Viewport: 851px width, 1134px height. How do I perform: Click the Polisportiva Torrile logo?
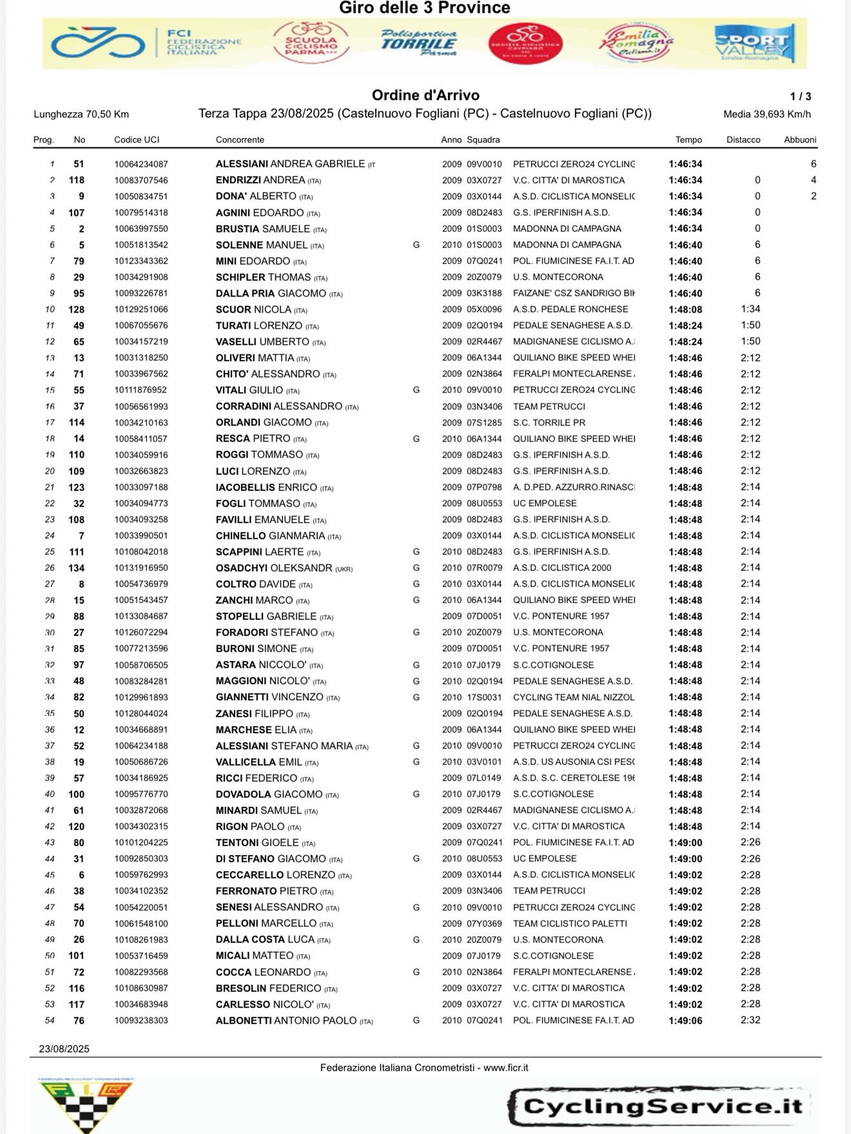pyautogui.click(x=418, y=43)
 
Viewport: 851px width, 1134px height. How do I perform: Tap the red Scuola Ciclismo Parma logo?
pyautogui.click(x=311, y=43)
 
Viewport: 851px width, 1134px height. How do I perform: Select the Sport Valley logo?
pyautogui.click(x=754, y=43)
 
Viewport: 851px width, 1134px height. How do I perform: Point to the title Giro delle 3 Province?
pyautogui.click(x=424, y=8)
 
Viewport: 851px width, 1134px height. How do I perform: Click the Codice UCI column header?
pyautogui.click(x=137, y=140)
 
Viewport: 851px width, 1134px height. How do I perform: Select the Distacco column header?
pyautogui.click(x=743, y=140)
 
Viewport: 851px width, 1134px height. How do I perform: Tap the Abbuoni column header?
pyautogui.click(x=800, y=140)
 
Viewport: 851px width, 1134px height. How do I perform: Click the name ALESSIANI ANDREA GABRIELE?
pyautogui.click(x=290, y=164)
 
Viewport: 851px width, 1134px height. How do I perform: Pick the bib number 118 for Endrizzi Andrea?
pyautogui.click(x=77, y=180)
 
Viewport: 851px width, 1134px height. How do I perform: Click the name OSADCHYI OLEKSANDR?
pyautogui.click(x=274, y=568)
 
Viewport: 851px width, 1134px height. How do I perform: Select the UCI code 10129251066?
pyautogui.click(x=141, y=309)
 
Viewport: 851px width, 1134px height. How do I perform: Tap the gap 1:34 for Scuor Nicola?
pyautogui.click(x=750, y=309)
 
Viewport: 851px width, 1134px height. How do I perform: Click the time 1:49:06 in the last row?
pyautogui.click(x=685, y=1021)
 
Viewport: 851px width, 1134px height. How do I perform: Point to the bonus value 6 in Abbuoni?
pyautogui.click(x=814, y=164)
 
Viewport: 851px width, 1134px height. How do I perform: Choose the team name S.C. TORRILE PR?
pyautogui.click(x=549, y=423)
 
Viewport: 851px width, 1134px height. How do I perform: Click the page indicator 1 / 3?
pyautogui.click(x=801, y=97)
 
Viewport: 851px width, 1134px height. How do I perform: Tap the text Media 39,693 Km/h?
pyautogui.click(x=767, y=115)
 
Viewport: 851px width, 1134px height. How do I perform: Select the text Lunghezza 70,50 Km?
pyautogui.click(x=81, y=115)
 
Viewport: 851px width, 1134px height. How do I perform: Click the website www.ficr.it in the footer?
pyautogui.click(x=506, y=1068)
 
